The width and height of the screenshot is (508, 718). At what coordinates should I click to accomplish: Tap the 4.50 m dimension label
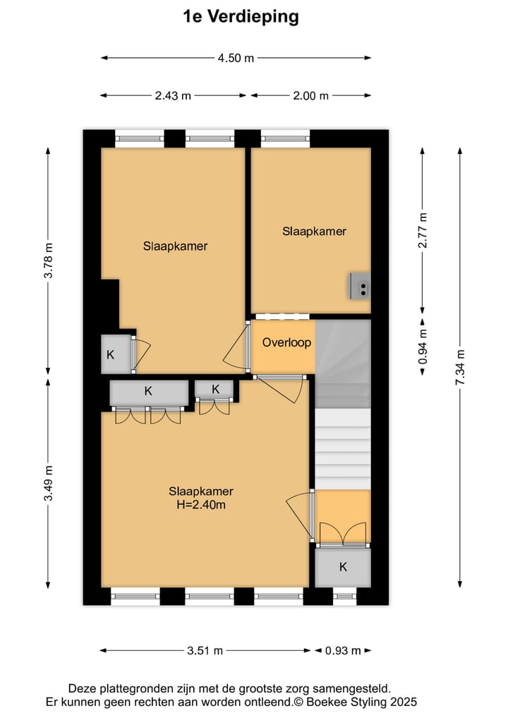click(x=235, y=59)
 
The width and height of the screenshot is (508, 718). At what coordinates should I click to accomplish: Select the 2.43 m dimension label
click(x=173, y=96)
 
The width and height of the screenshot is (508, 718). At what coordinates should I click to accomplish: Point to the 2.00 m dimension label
click(x=310, y=96)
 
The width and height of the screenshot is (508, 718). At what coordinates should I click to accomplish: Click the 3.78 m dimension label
click(x=49, y=261)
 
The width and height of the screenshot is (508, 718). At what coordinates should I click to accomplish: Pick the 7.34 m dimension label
click(x=461, y=367)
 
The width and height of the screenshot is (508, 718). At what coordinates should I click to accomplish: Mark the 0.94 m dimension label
click(x=422, y=347)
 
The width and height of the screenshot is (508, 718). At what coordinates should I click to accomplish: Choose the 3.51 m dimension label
click(x=205, y=651)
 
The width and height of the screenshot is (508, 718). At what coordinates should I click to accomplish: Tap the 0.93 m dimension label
click(x=342, y=651)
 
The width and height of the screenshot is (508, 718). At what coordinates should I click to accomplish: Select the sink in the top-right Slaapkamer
click(x=360, y=286)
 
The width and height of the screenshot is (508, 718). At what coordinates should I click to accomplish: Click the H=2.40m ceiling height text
click(x=201, y=505)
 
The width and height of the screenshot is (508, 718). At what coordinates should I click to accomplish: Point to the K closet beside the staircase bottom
click(x=343, y=567)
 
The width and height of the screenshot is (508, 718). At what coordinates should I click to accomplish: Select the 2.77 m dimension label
click(x=422, y=231)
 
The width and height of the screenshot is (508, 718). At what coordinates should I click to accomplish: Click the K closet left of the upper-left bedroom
click(x=111, y=354)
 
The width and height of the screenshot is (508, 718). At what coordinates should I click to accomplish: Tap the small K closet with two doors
click(x=215, y=389)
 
